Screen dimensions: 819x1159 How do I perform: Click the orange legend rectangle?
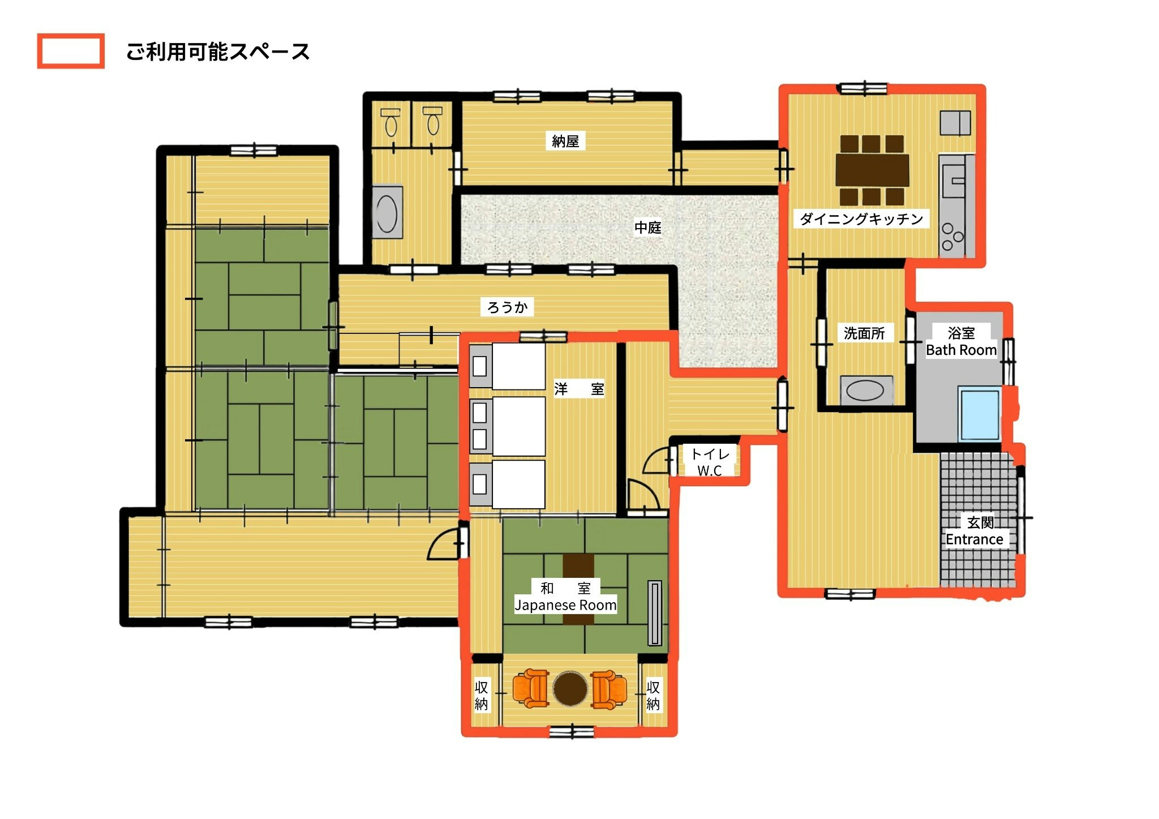point(71,51)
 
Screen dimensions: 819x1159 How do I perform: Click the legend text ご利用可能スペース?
point(218,52)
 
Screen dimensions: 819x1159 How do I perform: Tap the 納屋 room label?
point(565,141)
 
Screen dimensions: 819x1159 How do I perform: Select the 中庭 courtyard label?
point(647,228)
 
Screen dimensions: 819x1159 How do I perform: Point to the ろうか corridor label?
point(508,307)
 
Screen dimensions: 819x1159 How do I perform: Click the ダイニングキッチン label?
point(861,219)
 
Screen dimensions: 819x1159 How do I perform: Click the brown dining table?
point(872,170)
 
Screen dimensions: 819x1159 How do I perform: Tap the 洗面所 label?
point(864,333)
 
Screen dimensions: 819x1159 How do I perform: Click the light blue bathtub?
point(980,414)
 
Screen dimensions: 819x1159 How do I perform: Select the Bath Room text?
point(961,350)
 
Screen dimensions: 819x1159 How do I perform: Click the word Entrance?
point(974,540)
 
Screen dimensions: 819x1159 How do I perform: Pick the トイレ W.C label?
point(710,462)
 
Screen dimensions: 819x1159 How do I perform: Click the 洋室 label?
point(579,389)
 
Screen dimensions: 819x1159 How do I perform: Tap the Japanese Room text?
point(565,605)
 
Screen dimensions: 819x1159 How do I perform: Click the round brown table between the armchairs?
point(570,688)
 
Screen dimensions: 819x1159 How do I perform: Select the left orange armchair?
point(531,688)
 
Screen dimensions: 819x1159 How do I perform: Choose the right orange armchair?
point(608,689)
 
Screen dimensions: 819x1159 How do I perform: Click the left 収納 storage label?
point(481,696)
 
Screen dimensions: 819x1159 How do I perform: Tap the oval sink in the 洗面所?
point(864,391)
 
